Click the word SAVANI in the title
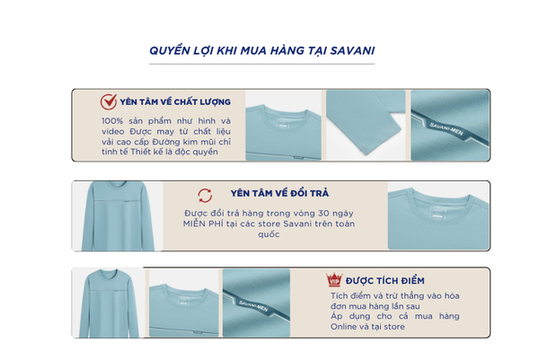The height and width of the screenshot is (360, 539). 352,50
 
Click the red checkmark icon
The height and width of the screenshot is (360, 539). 109,101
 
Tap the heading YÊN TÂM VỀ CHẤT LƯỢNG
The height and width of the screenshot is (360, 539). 175,101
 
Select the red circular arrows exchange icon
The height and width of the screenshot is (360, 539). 205,196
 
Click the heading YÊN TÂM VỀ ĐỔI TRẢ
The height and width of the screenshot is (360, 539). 279,193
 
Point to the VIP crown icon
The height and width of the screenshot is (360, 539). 334,279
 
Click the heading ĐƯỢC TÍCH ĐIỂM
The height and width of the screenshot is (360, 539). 384,281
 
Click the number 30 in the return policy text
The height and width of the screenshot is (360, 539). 323,214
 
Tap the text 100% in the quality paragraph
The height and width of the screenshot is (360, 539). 112,121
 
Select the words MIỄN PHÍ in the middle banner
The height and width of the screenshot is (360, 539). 203,224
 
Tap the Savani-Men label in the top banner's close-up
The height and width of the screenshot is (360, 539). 446,128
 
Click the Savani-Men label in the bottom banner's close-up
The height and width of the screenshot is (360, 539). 253,306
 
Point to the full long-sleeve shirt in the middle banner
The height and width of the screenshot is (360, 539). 118,215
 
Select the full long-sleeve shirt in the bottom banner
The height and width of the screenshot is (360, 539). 110,303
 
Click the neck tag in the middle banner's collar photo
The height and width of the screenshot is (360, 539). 437,212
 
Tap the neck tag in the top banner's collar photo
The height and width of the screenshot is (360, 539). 283,123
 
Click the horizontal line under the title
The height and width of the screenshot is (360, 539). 261,64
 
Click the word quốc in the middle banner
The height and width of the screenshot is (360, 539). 269,234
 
